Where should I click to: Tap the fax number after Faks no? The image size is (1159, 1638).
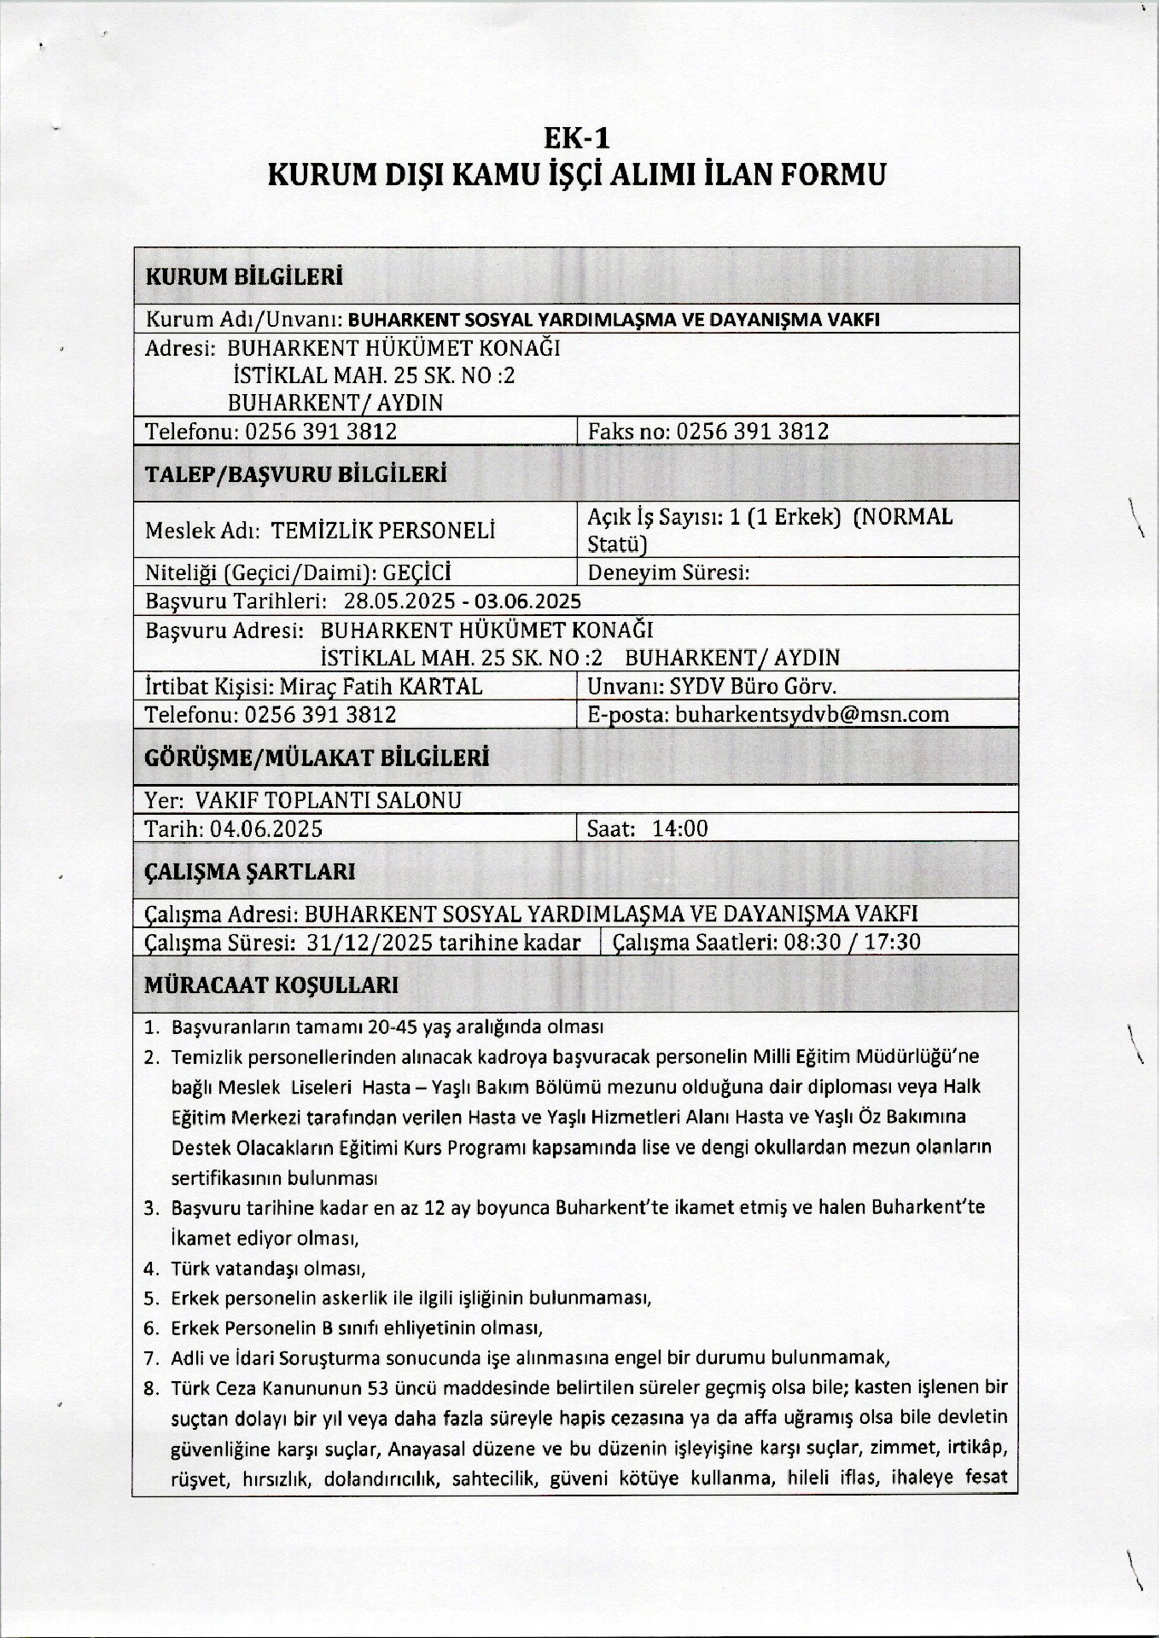coord(752,431)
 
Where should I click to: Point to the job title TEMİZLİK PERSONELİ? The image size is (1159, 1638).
coord(383,531)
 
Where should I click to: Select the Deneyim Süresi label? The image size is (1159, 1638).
coord(669,572)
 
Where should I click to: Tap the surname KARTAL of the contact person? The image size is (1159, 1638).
coord(441,686)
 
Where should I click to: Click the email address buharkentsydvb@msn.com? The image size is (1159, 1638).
coord(812,714)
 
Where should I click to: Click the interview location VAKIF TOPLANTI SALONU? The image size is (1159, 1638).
coord(329,800)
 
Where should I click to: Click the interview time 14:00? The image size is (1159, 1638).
coord(679,828)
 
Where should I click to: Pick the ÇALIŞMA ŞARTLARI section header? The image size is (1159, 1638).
coord(250,872)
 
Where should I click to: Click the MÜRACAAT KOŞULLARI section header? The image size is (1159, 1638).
coord(271,985)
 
